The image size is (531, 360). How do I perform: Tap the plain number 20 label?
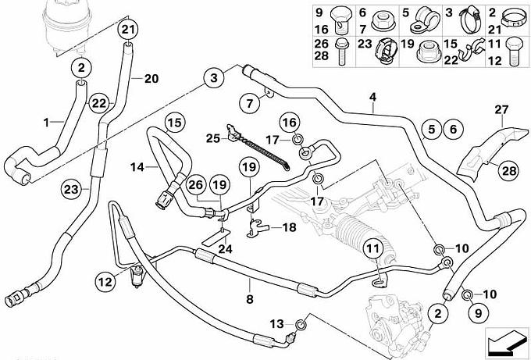tap(151, 78)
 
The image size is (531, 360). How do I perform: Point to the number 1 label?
tap(46, 122)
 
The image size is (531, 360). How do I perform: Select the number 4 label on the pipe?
tap(373, 98)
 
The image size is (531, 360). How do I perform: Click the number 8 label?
tap(250, 298)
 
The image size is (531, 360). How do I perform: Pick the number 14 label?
tap(136, 166)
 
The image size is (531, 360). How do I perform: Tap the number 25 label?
tap(213, 138)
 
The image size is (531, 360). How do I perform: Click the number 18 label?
tap(289, 227)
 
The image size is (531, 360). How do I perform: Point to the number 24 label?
tap(226, 249)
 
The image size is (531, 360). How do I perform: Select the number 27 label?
tap(501, 109)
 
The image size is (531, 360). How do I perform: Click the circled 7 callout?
tap(247, 102)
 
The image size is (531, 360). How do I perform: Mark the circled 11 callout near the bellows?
tap(372, 251)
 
